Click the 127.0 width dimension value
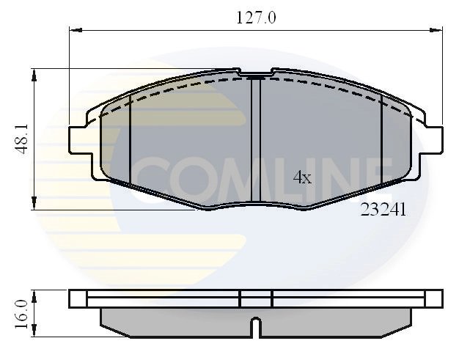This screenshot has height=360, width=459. pos(255,17)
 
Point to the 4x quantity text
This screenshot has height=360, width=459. pos(302,177)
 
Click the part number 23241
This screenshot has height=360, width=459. pos(383,209)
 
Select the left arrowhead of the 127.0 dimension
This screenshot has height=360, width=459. pos(74,30)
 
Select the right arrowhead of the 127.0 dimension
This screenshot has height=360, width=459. pos(438,30)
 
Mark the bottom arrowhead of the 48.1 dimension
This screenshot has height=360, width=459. pos(34,206)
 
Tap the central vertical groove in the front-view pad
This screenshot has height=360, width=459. pos(256,139)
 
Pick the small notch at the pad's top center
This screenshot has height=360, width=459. pos(256,76)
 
